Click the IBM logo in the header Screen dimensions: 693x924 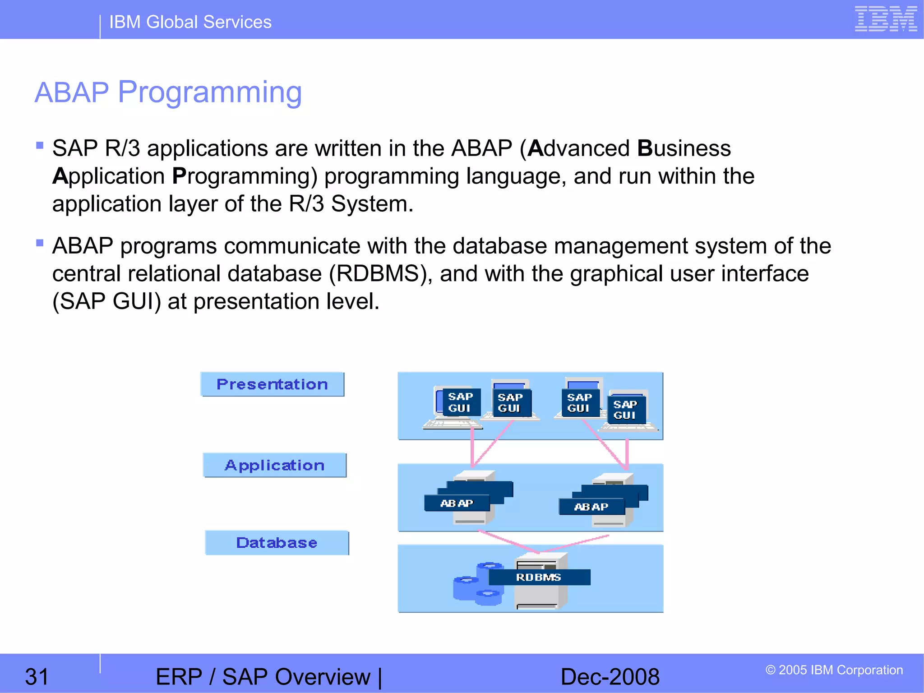[885, 19]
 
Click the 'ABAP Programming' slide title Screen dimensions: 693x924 [168, 92]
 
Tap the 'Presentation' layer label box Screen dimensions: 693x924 [272, 384]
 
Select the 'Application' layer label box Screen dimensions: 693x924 [274, 465]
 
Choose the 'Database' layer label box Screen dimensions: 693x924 [277, 543]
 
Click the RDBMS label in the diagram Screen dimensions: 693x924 [539, 577]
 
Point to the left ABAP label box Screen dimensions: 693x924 [457, 504]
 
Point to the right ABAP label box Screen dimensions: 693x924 [591, 507]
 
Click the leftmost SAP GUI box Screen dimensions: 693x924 [460, 402]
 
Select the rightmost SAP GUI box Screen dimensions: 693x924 [625, 410]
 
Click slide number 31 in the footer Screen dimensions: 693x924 [37, 677]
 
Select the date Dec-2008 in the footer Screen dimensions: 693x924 [610, 677]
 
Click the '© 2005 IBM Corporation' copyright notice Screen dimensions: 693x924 [834, 670]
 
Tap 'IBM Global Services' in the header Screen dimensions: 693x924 [190, 22]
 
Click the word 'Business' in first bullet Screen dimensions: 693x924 [684, 148]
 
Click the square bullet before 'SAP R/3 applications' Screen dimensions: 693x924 [40, 145]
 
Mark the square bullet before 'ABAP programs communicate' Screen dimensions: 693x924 [40, 243]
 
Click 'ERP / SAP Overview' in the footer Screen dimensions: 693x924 [263, 677]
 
